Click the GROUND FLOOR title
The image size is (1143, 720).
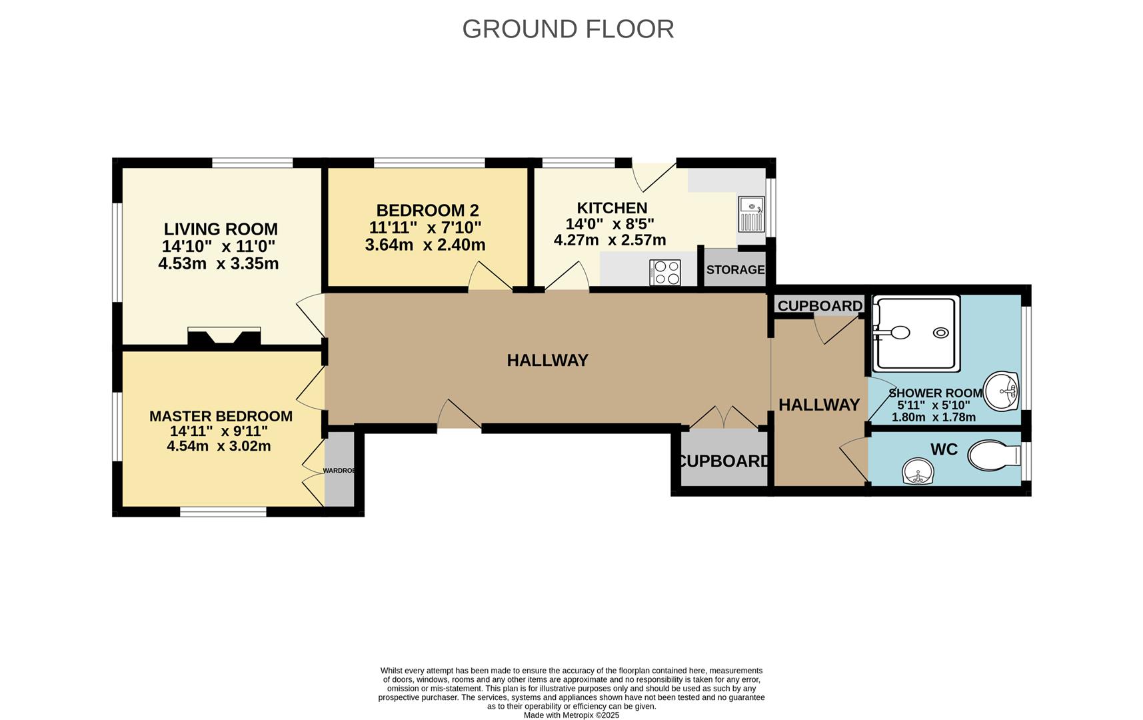pos(568,29)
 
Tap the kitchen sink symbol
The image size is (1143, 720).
pos(751,213)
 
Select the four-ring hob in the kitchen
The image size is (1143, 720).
pos(665,272)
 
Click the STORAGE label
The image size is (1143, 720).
pos(735,270)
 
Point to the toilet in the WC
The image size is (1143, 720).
pos(993,457)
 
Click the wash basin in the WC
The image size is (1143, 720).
pos(918,472)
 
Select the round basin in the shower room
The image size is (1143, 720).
pos(1002,391)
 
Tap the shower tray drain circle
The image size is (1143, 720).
pos(941,333)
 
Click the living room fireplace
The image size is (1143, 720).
pos(224,337)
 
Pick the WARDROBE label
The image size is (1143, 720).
pos(339,471)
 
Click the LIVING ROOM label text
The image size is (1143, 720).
pos(221,229)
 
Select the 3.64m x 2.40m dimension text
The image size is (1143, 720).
pos(425,245)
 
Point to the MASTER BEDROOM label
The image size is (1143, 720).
pos(221,416)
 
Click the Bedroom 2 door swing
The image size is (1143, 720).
pos(489,277)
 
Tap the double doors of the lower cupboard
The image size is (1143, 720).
pos(724,418)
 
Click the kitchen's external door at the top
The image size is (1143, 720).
pos(652,176)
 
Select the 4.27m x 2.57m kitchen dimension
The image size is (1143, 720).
pos(610,240)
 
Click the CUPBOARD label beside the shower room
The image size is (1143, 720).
pos(820,306)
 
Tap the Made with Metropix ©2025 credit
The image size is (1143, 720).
pos(571,715)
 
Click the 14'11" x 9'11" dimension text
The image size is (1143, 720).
pos(219,431)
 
